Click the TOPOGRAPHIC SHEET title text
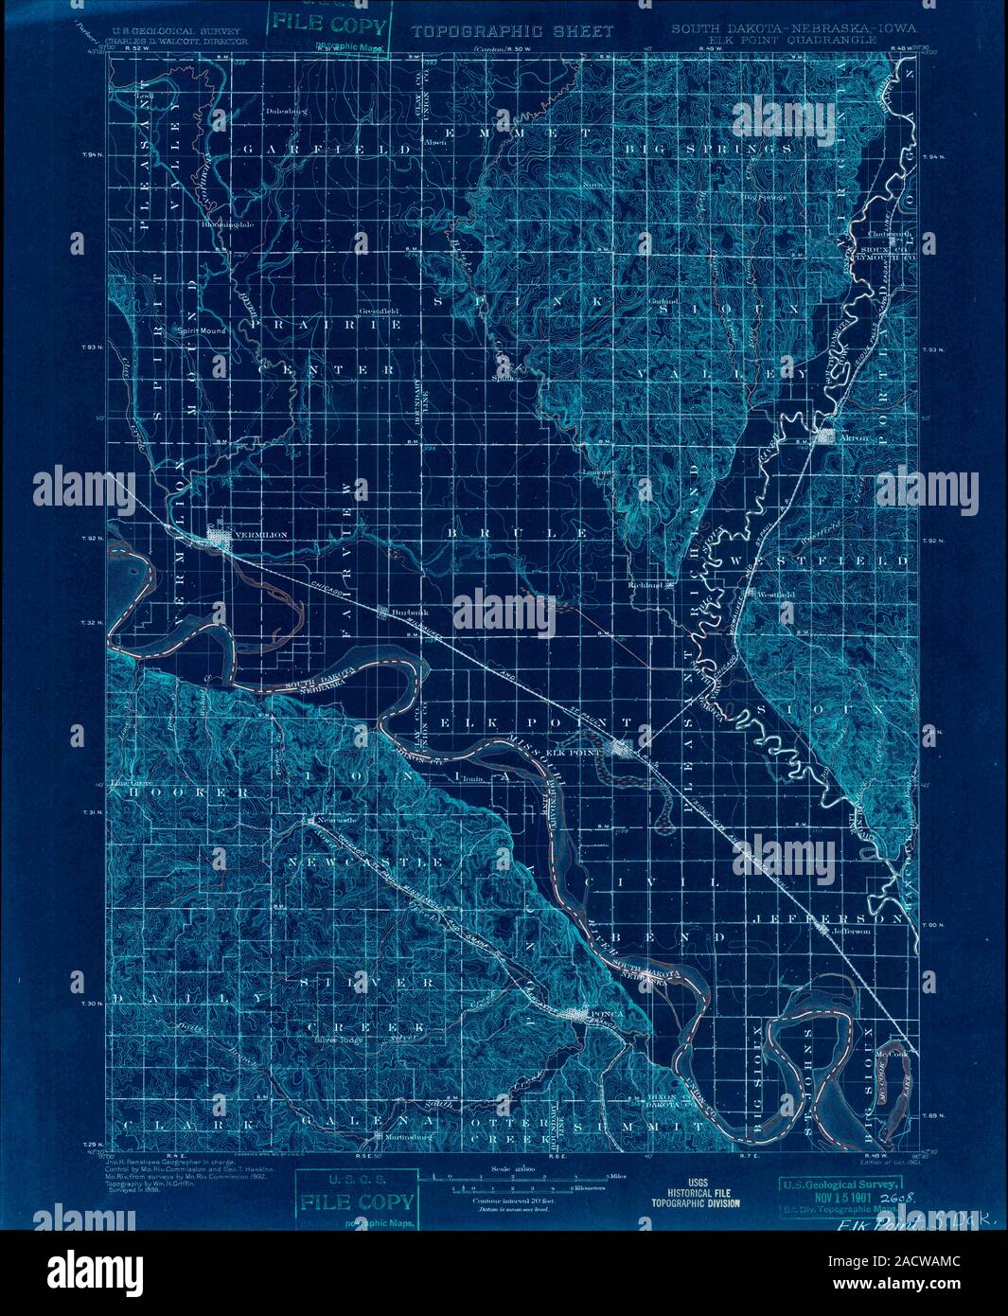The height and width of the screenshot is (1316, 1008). pos(512,31)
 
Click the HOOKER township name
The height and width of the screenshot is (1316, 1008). pos(180,791)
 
